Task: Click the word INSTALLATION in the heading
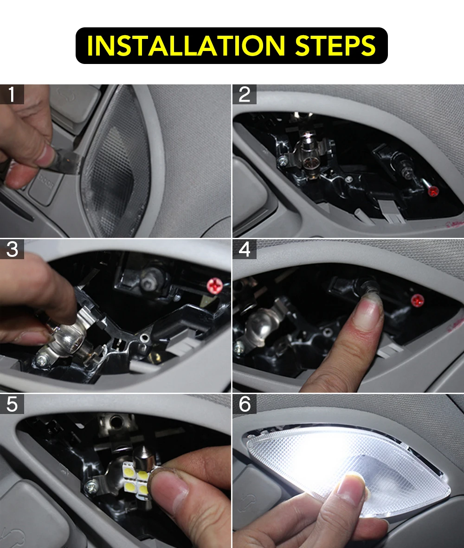[186, 45]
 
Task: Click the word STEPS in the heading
[335, 45]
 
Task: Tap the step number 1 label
[12, 95]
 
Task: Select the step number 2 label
[245, 95]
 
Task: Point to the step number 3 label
[12, 249]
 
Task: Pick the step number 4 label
[245, 249]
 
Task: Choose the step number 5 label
[12, 404]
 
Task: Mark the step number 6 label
[245, 404]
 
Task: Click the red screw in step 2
[433, 191]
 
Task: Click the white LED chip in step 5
[135, 476]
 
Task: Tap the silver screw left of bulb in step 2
[282, 161]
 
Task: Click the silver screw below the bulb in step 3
[43, 359]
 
